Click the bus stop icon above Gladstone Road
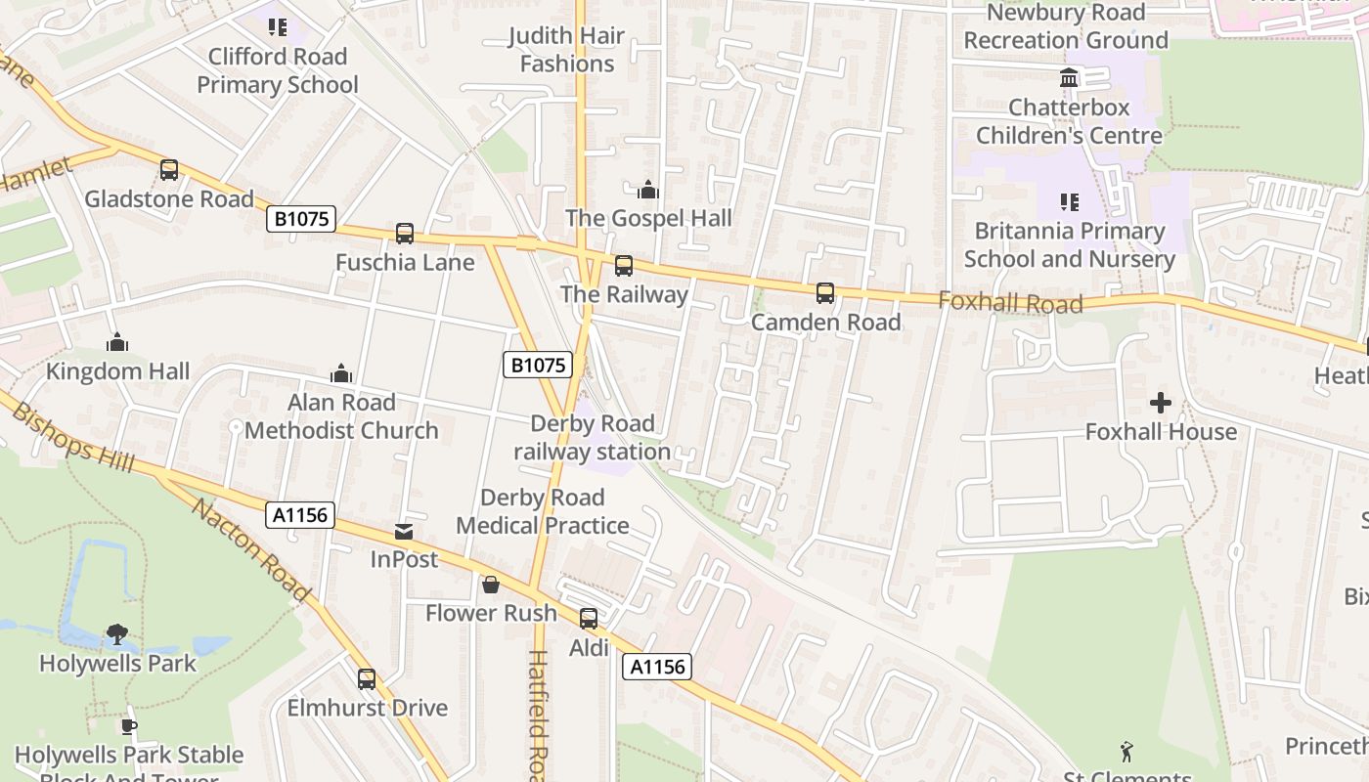point(169,170)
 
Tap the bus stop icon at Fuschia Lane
point(405,234)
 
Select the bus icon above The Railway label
point(623,265)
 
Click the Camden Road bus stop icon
point(825,292)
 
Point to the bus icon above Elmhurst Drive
point(367,678)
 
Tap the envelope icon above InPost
point(404,532)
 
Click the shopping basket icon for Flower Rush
point(491,585)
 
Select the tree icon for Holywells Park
point(117,634)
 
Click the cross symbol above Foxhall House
point(1161,402)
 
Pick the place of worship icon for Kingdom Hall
point(117,342)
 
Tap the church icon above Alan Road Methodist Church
point(341,373)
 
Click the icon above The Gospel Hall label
point(647,189)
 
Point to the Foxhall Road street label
point(1010,303)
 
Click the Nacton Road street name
point(250,550)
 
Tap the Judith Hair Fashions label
point(567,50)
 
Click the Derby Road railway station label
point(593,437)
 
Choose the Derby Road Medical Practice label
point(543,511)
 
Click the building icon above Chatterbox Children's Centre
point(1069,77)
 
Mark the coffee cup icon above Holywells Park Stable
point(128,726)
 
